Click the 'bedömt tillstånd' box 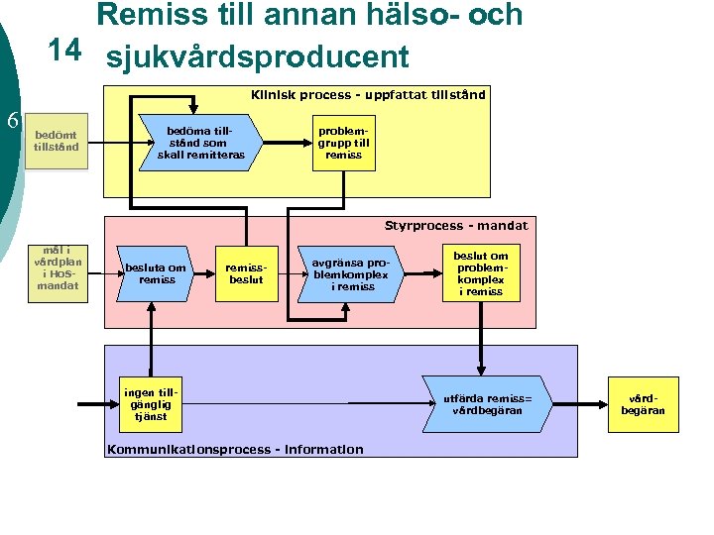tap(56, 142)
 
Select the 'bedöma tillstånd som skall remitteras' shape tap(200, 142)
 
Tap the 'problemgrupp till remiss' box tap(343, 142)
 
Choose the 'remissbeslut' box tap(246, 273)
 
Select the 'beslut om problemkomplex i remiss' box tap(482, 273)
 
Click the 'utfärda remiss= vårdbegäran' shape tap(485, 404)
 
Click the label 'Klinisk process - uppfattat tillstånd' tap(368, 96)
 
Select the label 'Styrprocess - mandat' tap(456, 226)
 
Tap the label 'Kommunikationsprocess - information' tap(234, 450)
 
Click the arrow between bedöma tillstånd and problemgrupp tap(289, 142)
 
